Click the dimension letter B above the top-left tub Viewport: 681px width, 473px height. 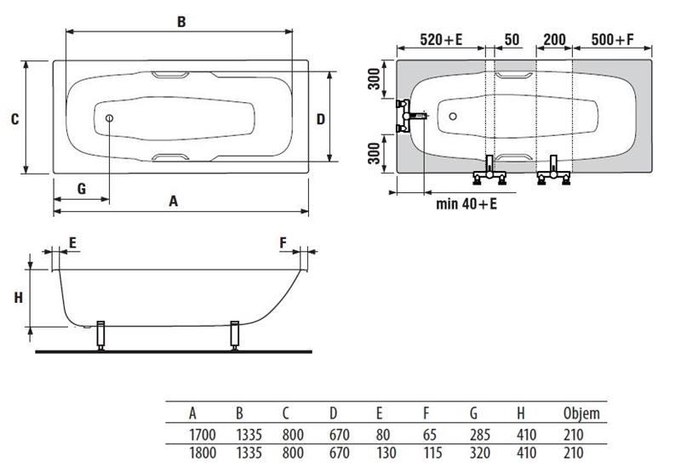click(x=181, y=22)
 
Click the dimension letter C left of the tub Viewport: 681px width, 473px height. click(x=15, y=119)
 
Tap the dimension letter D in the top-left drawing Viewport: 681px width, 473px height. click(x=321, y=119)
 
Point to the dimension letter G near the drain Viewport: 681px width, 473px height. click(x=82, y=189)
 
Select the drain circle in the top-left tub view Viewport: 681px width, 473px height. click(x=109, y=118)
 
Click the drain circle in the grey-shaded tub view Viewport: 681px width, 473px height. click(x=453, y=117)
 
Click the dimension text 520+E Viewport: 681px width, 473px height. click(x=441, y=40)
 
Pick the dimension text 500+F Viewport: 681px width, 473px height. click(x=613, y=40)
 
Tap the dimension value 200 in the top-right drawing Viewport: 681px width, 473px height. click(x=555, y=40)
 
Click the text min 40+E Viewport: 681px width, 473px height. click(x=466, y=203)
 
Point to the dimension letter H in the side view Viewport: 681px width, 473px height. click(x=18, y=298)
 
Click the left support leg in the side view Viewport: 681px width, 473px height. click(x=100, y=335)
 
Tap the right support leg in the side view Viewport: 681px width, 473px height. click(x=235, y=335)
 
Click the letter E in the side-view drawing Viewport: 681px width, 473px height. click(x=72, y=242)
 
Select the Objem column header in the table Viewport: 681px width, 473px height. click(x=581, y=413)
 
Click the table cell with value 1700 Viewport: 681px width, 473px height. click(x=203, y=435)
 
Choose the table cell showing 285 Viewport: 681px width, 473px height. click(x=480, y=435)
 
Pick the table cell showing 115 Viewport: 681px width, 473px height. click(x=432, y=453)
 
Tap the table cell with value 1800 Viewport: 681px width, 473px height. click(x=203, y=453)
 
